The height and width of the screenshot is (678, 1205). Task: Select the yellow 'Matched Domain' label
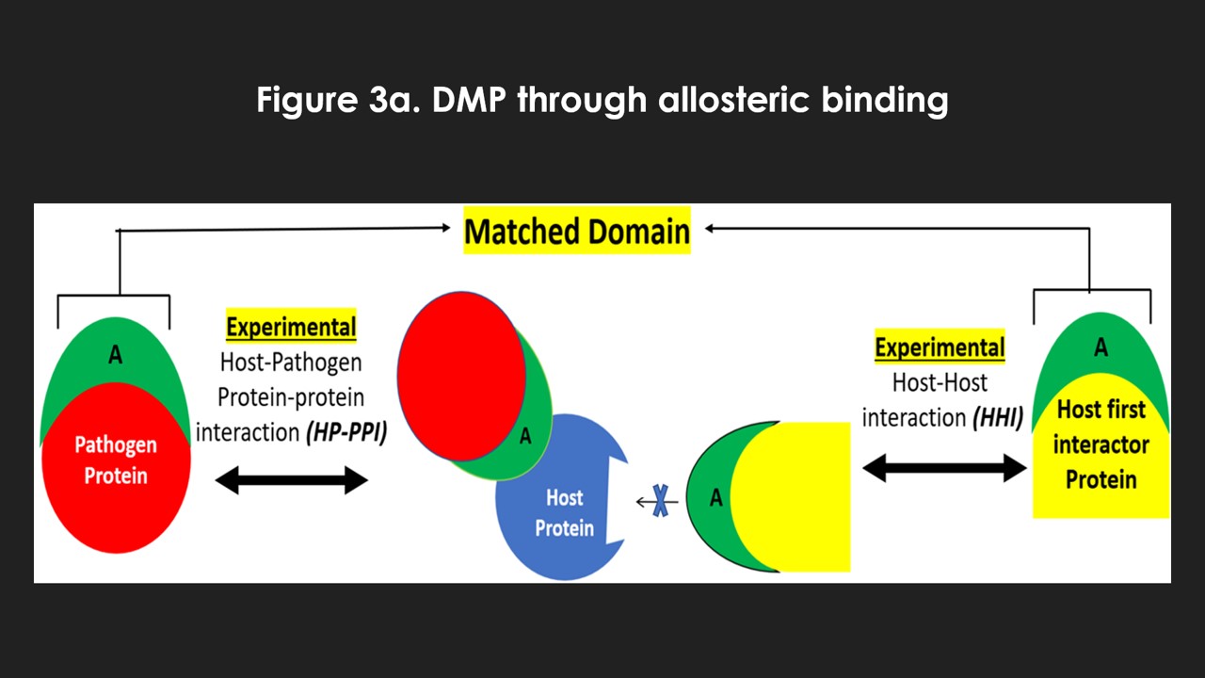[577, 231]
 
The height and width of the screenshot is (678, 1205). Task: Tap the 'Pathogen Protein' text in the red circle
[116, 460]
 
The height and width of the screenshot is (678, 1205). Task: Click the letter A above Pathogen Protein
[115, 354]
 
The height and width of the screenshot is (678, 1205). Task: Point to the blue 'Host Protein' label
[564, 512]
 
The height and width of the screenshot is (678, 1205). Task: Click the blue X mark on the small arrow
[662, 502]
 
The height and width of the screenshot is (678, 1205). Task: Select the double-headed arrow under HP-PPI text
[291, 481]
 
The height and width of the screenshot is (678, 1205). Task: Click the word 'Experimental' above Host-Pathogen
[291, 328]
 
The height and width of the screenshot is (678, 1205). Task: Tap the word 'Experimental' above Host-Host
[940, 347]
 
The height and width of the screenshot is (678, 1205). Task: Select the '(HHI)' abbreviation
[997, 418]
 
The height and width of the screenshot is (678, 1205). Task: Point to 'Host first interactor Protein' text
[1101, 444]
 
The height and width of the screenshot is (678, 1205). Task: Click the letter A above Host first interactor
[1101, 348]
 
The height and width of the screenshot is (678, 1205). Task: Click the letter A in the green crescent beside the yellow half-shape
[715, 498]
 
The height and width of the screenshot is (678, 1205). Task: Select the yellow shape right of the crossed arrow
[800, 496]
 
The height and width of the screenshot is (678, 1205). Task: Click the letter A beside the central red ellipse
[525, 436]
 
